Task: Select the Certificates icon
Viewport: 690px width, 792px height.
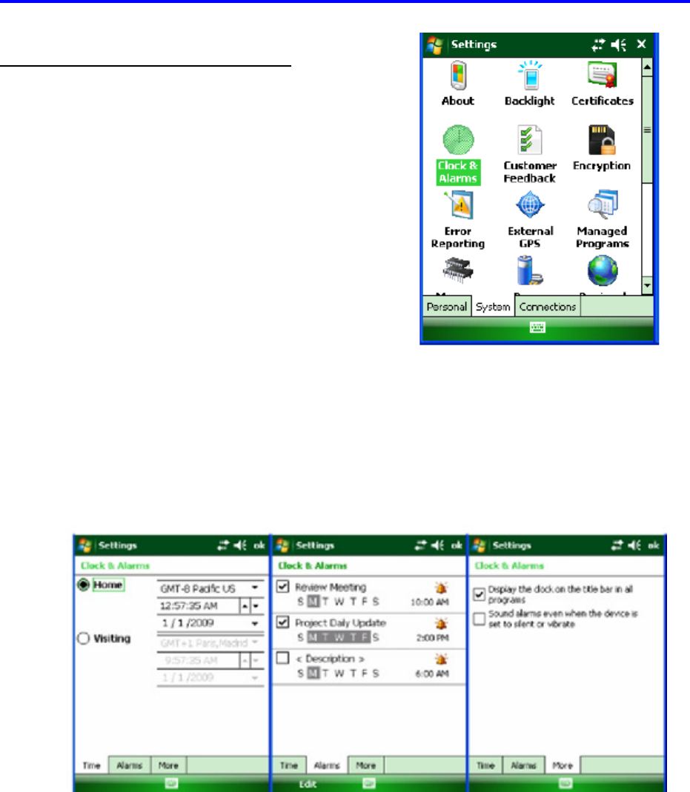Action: point(602,76)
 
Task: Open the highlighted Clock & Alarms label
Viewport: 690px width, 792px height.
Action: point(457,172)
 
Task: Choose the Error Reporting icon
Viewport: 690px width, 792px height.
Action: point(457,205)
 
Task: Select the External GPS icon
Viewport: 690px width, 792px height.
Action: point(530,205)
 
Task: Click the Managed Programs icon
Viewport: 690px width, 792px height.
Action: point(602,205)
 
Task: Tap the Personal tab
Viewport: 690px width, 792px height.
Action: point(446,307)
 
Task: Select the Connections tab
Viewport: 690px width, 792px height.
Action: point(548,307)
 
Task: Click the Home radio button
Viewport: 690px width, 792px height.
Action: point(83,585)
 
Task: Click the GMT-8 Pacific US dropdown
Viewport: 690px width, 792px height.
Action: point(210,588)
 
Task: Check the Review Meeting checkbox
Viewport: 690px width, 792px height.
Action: point(282,587)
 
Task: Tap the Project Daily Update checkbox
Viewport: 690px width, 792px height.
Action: point(282,622)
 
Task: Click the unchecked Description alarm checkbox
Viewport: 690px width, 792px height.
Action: point(282,658)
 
